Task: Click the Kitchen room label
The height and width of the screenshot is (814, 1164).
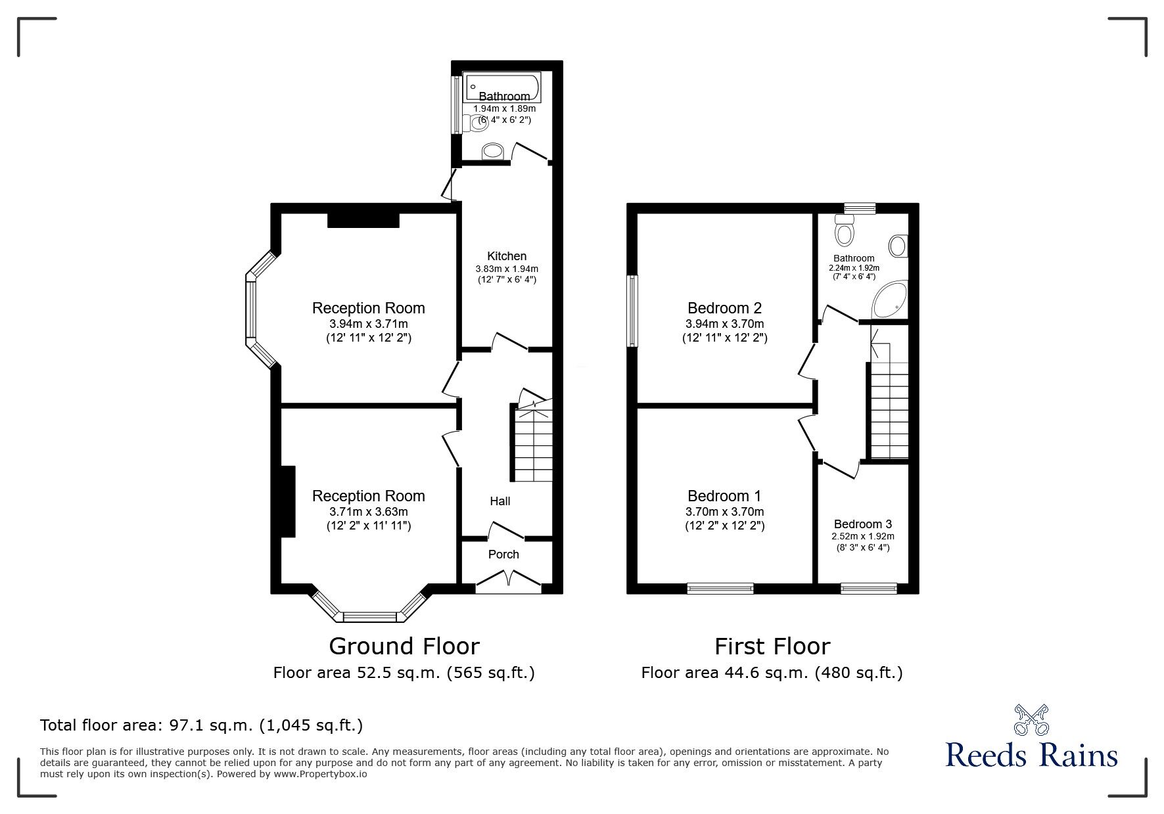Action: [506, 256]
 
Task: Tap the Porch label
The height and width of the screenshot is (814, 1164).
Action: [503, 554]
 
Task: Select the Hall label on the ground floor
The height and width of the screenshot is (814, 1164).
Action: [500, 501]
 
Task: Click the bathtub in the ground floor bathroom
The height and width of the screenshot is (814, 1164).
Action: [502, 86]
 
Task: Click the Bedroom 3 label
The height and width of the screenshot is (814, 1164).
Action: [862, 524]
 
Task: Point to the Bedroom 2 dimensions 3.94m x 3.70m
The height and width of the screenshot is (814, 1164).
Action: [724, 324]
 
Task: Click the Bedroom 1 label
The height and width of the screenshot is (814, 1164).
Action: [724, 496]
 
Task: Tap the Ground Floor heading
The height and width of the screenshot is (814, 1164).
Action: [404, 646]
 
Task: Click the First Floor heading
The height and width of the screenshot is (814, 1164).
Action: [772, 646]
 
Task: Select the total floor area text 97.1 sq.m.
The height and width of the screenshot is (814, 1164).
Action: [201, 725]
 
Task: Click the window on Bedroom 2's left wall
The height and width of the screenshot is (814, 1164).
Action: [632, 310]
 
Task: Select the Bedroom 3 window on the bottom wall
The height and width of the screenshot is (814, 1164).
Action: [868, 589]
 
